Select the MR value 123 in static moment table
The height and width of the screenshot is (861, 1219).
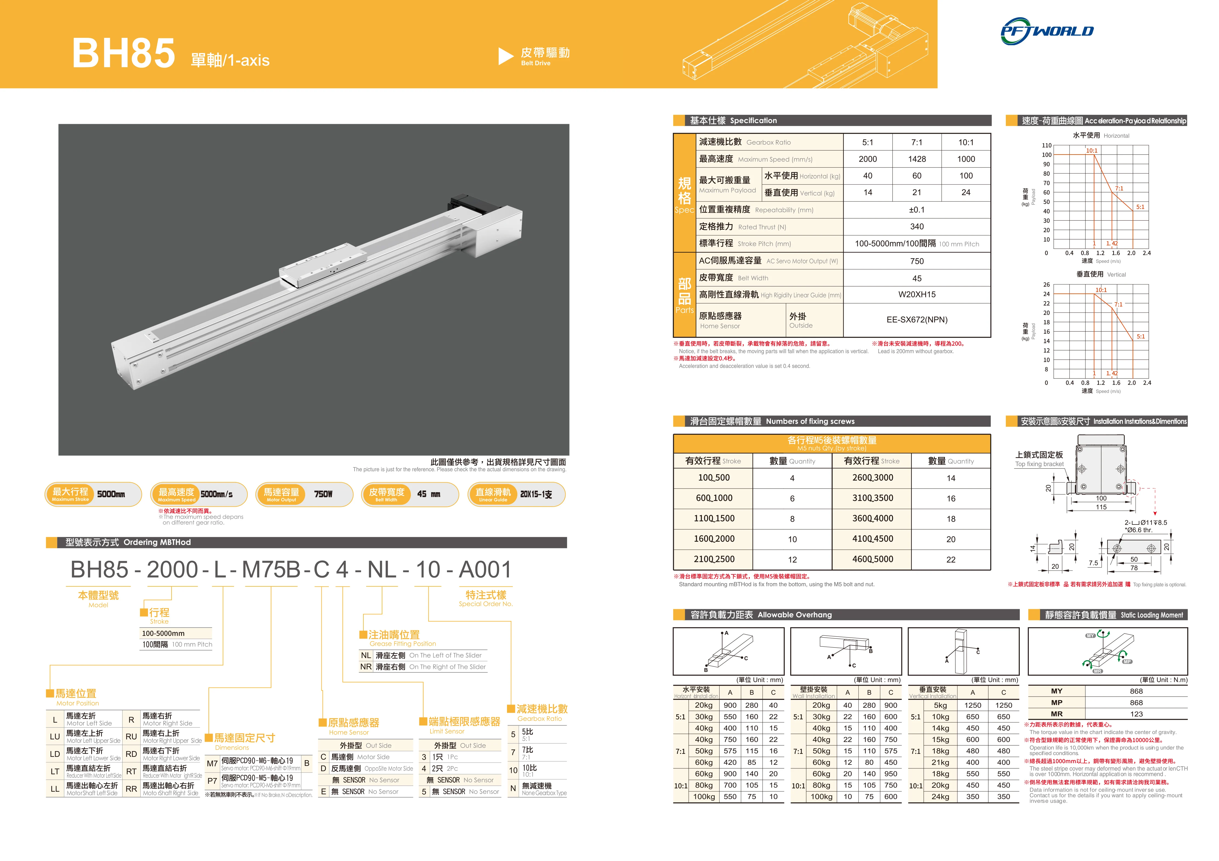coord(1136,714)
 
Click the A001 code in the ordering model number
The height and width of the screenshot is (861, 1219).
coord(485,570)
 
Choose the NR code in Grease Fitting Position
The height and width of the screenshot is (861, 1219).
coord(366,667)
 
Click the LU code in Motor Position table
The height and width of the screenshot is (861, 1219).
coord(55,737)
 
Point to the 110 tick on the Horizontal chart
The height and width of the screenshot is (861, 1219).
coord(1046,146)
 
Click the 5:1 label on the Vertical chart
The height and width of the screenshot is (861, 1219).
coord(1140,337)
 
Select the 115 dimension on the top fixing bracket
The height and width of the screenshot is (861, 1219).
coord(1101,507)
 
